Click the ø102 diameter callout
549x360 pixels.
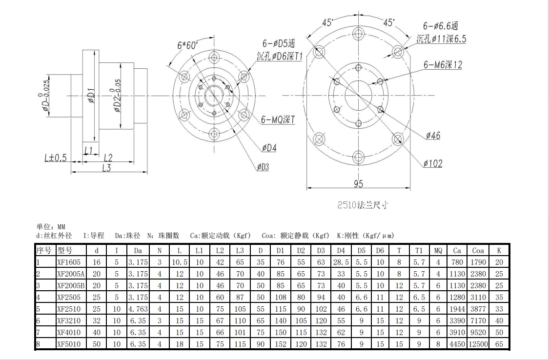pos(432,164)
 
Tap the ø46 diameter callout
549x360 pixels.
pos(432,136)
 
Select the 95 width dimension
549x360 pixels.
pos(358,184)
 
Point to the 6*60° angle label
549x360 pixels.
pos(187,45)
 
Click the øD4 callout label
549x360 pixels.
pos(269,148)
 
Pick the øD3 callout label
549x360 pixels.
pos(263,167)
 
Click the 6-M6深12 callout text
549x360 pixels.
pos(443,64)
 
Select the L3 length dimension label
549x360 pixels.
pos(106,168)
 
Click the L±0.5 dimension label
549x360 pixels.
pos(55,158)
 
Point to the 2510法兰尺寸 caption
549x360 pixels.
pos(363,205)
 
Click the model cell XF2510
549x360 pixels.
pos(68,309)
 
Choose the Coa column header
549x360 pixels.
pos(478,250)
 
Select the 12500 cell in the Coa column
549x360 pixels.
pos(478,344)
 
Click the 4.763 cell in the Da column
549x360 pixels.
pos(138,309)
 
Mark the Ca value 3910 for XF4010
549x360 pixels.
pos(457,332)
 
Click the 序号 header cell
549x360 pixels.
pos(44,250)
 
